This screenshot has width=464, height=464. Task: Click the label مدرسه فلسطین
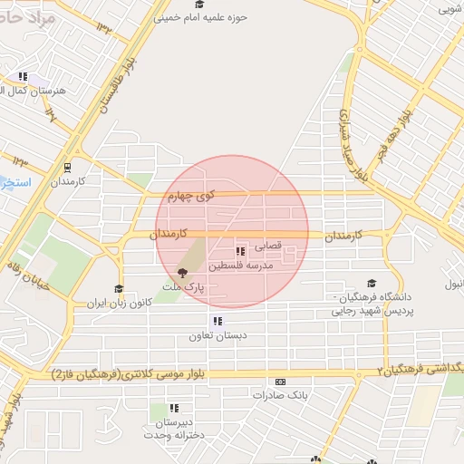[x=239, y=267]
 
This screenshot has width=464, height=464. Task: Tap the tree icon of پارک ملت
[x=183, y=272]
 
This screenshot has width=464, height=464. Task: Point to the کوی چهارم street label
[x=191, y=195]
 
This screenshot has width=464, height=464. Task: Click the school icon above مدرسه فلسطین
[x=240, y=251]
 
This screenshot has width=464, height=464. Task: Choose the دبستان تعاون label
[x=217, y=336]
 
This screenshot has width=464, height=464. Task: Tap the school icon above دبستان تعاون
[x=217, y=321]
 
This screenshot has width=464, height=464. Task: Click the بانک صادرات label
[x=281, y=396]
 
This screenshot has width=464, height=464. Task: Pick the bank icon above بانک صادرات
[x=281, y=382]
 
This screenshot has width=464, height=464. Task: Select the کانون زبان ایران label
[x=118, y=304]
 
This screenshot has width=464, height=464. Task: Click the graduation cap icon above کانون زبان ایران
[x=118, y=289]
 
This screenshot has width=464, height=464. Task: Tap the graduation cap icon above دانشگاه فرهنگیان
[x=371, y=284]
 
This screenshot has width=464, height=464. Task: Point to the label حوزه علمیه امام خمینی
[x=201, y=16]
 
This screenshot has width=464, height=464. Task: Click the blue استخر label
[x=15, y=183]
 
